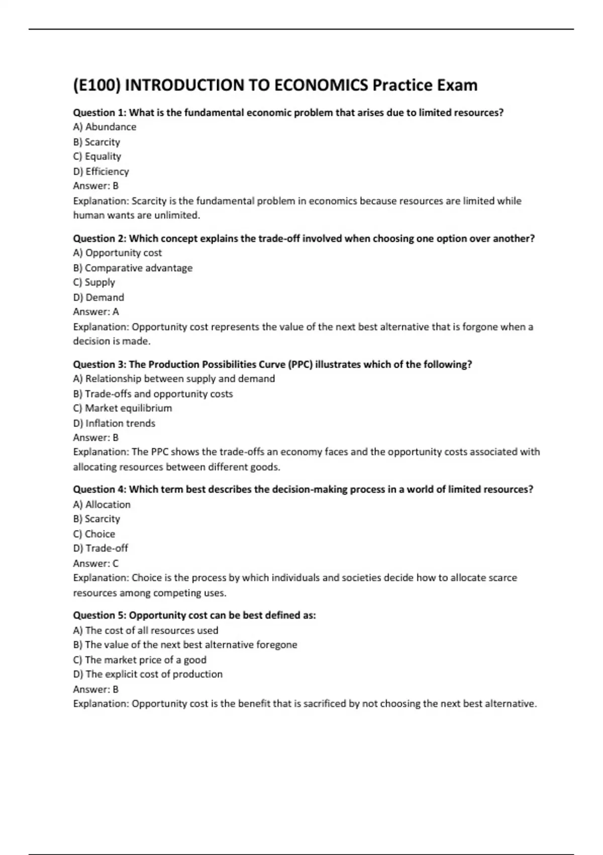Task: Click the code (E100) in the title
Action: click(96, 85)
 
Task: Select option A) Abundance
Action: click(105, 127)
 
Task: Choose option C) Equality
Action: click(97, 156)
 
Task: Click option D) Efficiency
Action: click(101, 172)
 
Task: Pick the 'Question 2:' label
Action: click(99, 238)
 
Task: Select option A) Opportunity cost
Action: click(118, 253)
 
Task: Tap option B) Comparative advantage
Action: click(133, 268)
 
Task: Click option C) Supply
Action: click(94, 283)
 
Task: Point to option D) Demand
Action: click(98, 297)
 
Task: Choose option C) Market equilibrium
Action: click(123, 408)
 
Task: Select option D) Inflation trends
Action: click(114, 423)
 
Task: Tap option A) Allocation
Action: click(102, 504)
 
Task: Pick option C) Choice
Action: click(94, 534)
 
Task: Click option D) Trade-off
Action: click(100, 548)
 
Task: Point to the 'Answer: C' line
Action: click(96, 563)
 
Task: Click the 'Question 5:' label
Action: click(99, 615)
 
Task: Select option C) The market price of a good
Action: click(140, 660)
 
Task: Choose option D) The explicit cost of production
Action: click(148, 674)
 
